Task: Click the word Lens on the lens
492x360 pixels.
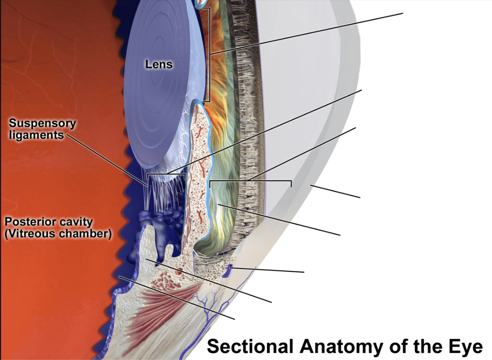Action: point(159,64)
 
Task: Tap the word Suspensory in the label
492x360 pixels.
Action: point(43,123)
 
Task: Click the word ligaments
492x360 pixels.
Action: point(36,135)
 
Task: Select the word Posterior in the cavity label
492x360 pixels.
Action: point(28,222)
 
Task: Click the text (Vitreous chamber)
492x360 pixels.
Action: point(58,234)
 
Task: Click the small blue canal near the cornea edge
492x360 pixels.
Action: point(228,271)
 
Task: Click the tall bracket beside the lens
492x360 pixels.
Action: point(207,55)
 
